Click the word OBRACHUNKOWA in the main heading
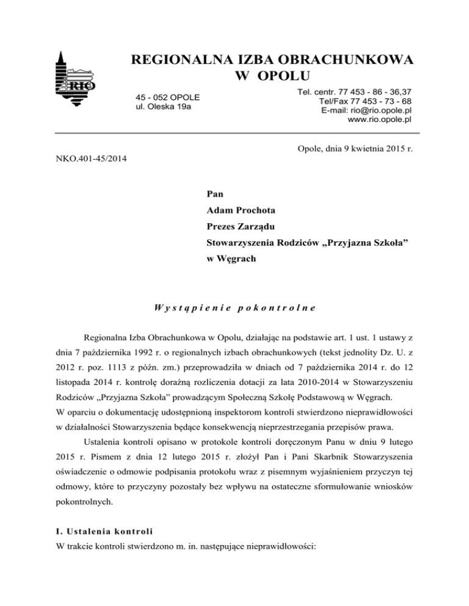point(343,60)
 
